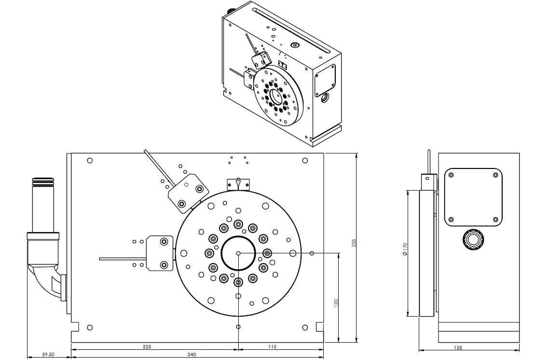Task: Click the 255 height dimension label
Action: pyautogui.click(x=353, y=243)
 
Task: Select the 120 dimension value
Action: pyautogui.click(x=336, y=303)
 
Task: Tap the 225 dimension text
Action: pyautogui.click(x=147, y=346)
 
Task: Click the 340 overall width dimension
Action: pyautogui.click(x=192, y=355)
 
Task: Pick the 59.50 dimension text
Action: pyautogui.click(x=48, y=355)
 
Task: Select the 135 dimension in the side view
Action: pyautogui.click(x=458, y=347)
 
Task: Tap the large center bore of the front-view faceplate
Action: pyautogui.click(x=238, y=253)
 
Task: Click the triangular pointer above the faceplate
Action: pyautogui.click(x=238, y=184)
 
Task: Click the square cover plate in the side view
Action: pyautogui.click(x=473, y=197)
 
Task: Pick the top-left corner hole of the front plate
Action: pyautogui.click(x=89, y=160)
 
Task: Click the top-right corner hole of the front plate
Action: pyautogui.click(x=304, y=160)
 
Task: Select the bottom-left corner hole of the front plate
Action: pyautogui.click(x=89, y=328)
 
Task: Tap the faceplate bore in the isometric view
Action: pyautogui.click(x=276, y=95)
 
